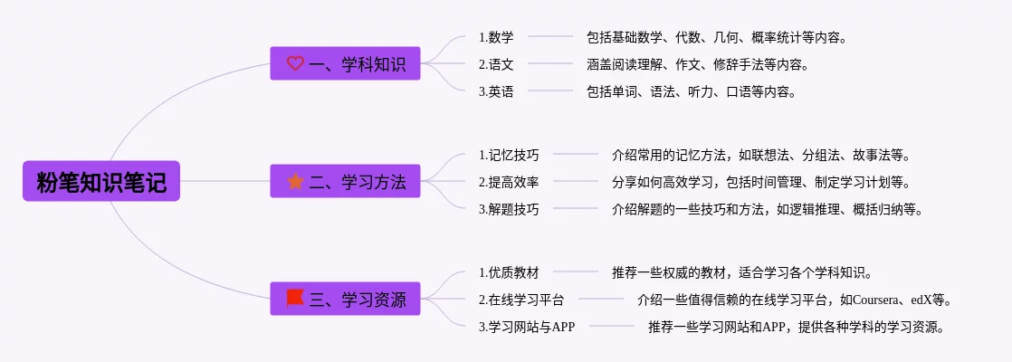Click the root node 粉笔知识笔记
point(100,181)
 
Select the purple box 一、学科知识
point(345,63)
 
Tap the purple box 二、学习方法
point(345,181)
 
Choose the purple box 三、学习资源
point(345,299)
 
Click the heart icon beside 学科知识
point(295,63)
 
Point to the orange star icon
point(295,181)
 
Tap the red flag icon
point(295,298)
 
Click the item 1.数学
point(496,37)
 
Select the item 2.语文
point(496,64)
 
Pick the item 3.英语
point(496,91)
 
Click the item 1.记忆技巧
point(509,155)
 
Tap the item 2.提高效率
point(509,182)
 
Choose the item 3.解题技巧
point(509,209)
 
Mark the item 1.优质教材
point(509,272)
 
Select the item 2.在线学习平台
point(521,300)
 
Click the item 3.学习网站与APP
point(527,327)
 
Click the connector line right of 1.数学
point(549,37)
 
